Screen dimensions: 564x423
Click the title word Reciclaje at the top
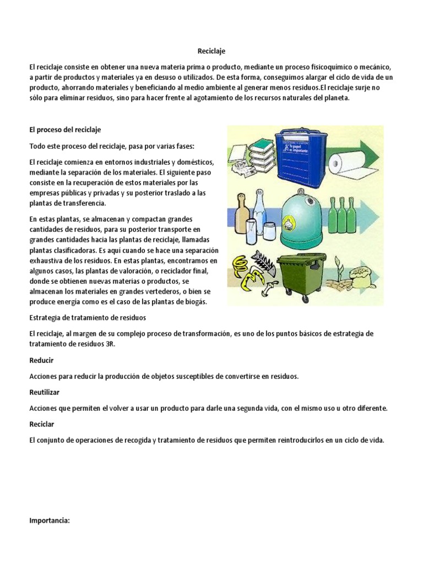pos(211,51)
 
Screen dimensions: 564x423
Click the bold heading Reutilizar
pos(44,392)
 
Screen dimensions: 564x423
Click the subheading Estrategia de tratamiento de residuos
pos(87,318)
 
